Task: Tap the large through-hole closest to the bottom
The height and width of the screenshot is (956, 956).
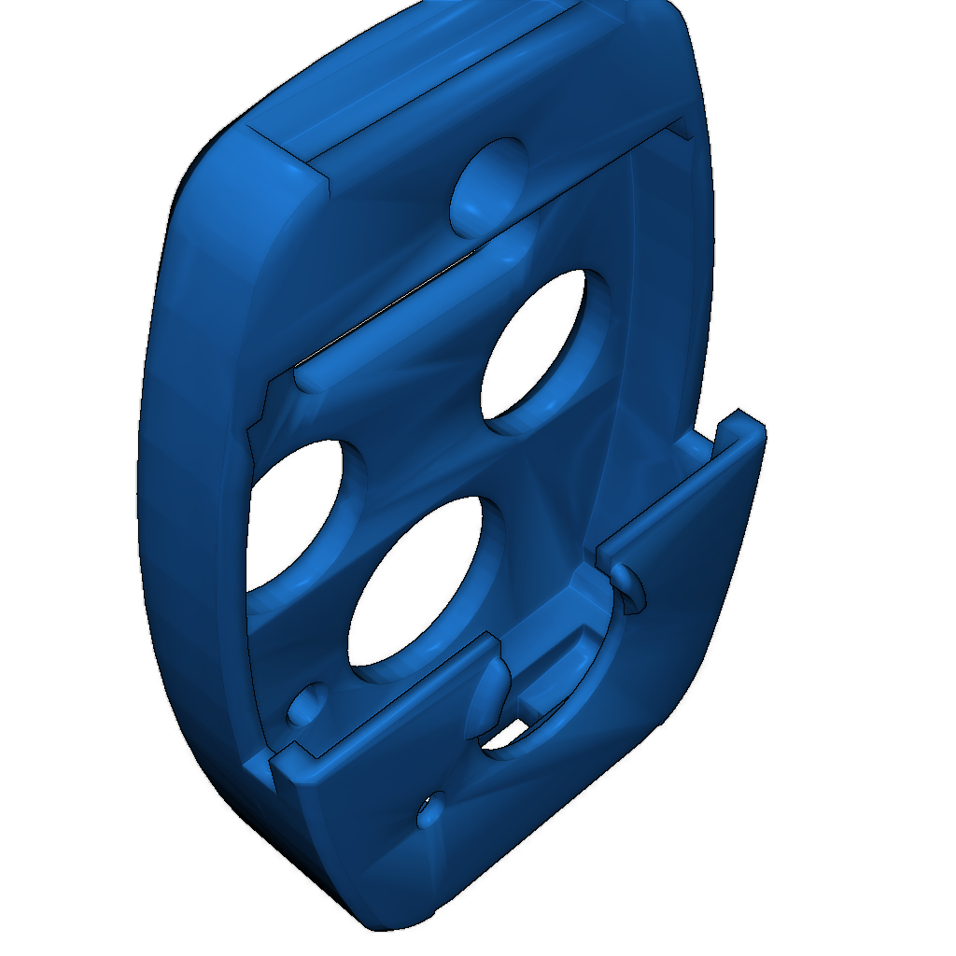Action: pos(415,588)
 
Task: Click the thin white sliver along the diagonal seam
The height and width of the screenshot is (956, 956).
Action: pos(392,308)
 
